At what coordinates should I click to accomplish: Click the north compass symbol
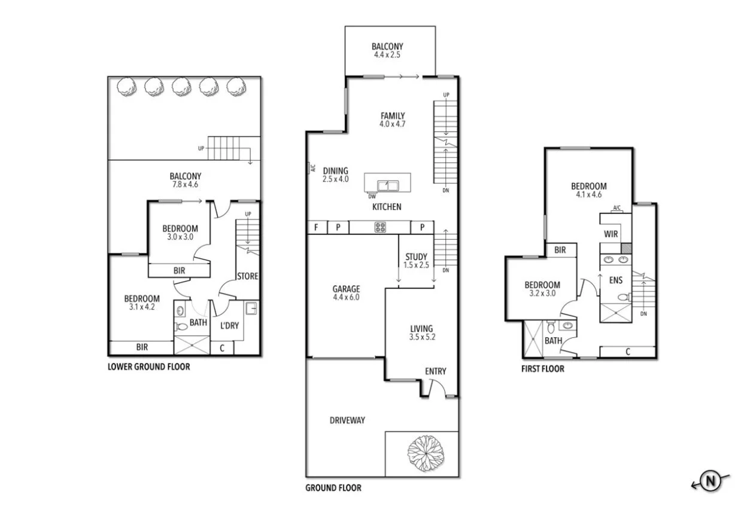tap(710, 480)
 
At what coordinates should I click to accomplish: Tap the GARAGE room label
tap(346, 289)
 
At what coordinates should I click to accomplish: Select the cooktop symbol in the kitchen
tap(379, 227)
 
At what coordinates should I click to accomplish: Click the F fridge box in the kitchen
tap(316, 227)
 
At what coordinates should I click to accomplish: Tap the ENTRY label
tap(435, 371)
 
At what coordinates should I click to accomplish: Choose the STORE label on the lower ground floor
tap(248, 276)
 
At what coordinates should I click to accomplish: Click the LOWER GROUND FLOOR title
tap(148, 367)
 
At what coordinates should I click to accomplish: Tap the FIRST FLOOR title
tap(543, 369)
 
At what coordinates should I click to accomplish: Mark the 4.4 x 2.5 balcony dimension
tap(387, 54)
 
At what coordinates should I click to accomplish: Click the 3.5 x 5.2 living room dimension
tap(421, 337)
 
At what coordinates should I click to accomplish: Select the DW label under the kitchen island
tap(372, 196)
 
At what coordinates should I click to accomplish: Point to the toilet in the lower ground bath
tap(181, 326)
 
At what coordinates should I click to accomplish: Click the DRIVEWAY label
tap(347, 420)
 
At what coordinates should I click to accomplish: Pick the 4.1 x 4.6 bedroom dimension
tap(588, 194)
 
